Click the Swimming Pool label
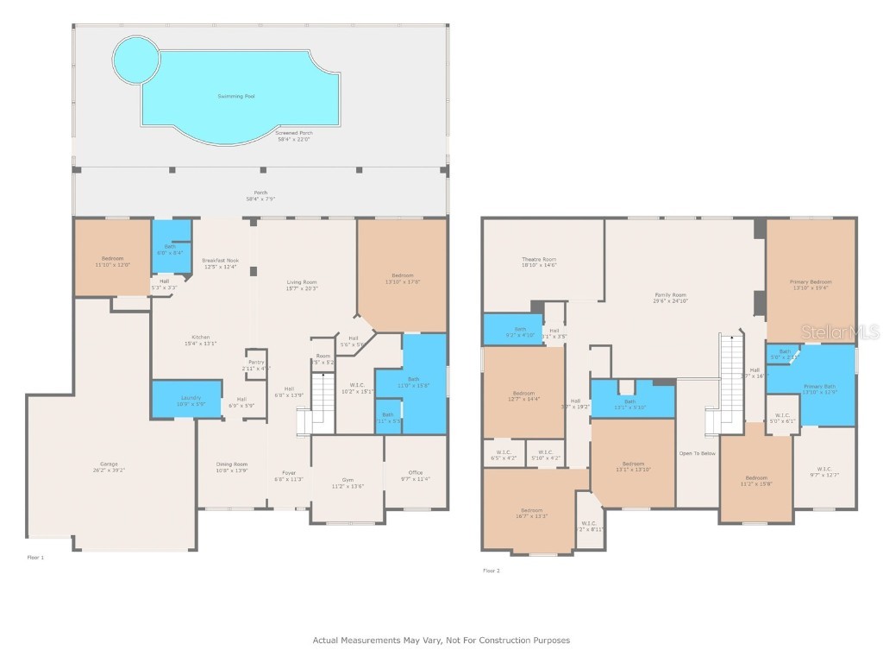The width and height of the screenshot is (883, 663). pyautogui.click(x=235, y=96)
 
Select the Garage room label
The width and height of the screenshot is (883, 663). pyautogui.click(x=110, y=464)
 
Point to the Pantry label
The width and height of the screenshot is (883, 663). pyautogui.click(x=256, y=362)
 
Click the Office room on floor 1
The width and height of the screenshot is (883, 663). pyautogui.click(x=415, y=472)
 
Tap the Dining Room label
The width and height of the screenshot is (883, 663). pyautogui.click(x=231, y=464)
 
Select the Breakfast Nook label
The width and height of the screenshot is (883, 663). pyautogui.click(x=221, y=260)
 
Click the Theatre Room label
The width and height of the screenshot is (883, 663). pyautogui.click(x=539, y=259)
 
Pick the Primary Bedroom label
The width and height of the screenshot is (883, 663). pyautogui.click(x=811, y=281)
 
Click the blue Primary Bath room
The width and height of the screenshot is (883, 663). pyautogui.click(x=819, y=388)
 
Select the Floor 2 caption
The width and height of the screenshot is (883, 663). pyautogui.click(x=491, y=571)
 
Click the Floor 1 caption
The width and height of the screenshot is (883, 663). pyautogui.click(x=35, y=558)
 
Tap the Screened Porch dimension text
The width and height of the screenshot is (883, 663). pyautogui.click(x=294, y=139)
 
